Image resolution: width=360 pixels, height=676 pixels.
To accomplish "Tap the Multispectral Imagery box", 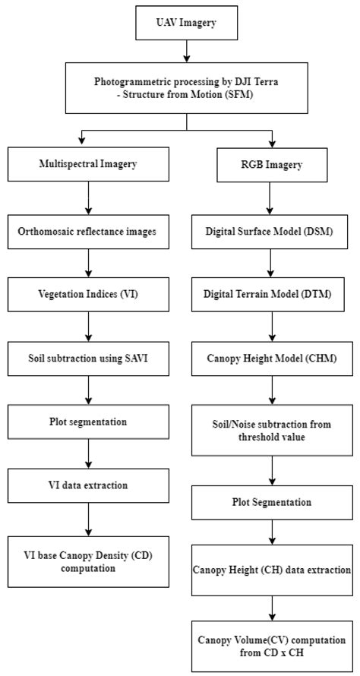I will click(x=89, y=164).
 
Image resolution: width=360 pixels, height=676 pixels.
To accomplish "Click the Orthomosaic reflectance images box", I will click(x=89, y=231).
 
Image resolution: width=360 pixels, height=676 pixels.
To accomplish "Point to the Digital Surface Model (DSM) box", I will click(x=272, y=231).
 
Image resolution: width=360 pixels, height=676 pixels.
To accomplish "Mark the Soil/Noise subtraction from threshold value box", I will click(x=272, y=429).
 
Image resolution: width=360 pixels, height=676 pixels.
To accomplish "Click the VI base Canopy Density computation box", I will click(x=89, y=561).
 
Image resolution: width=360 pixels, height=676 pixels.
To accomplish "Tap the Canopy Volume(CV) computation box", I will click(x=272, y=646).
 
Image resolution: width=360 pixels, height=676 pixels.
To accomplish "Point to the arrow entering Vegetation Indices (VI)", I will click(x=89, y=263).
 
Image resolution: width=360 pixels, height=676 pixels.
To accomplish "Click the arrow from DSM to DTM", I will click(x=272, y=263).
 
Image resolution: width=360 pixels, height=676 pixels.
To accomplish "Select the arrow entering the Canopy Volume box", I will click(x=272, y=608).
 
